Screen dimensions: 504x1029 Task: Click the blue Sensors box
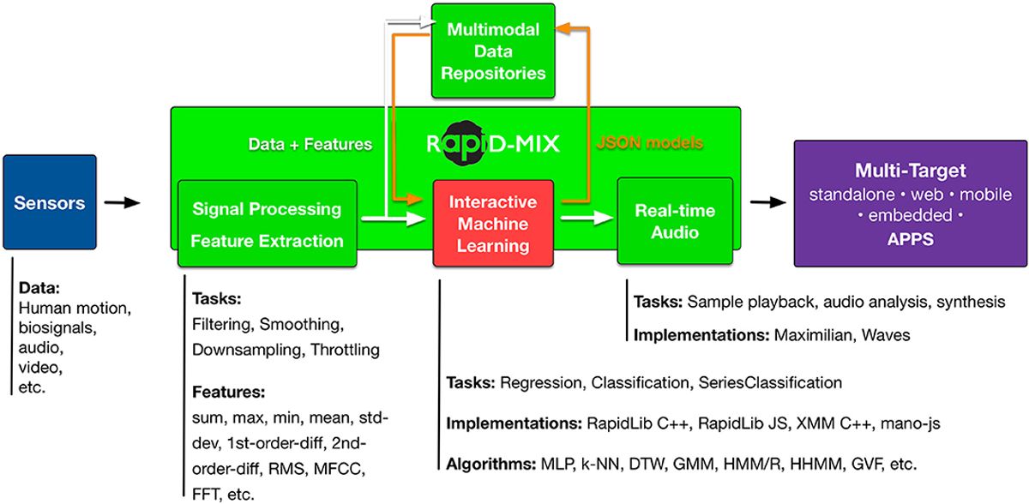(x=49, y=203)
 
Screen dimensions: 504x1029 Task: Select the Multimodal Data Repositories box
(x=493, y=51)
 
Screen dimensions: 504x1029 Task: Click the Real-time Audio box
(x=674, y=221)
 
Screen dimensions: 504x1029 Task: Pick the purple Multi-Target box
(x=910, y=204)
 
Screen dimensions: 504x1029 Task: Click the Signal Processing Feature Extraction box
(x=266, y=225)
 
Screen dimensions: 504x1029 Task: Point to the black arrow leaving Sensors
(x=121, y=203)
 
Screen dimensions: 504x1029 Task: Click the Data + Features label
(x=310, y=145)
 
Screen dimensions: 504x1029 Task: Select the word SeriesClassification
(x=770, y=382)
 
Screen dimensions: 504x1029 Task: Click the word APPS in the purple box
(x=909, y=240)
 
